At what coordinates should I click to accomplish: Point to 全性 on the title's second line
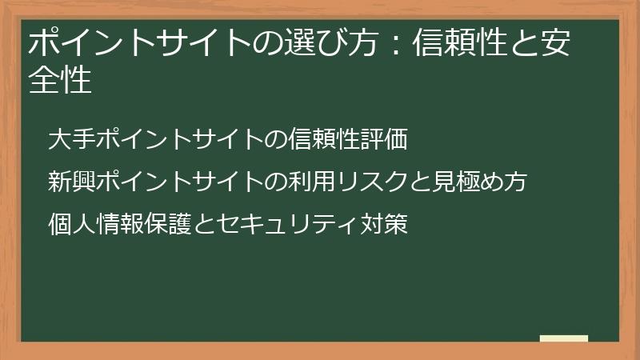tap(60, 80)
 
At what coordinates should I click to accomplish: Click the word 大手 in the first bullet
tap(71, 140)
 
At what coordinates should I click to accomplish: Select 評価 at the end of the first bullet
tap(385, 140)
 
